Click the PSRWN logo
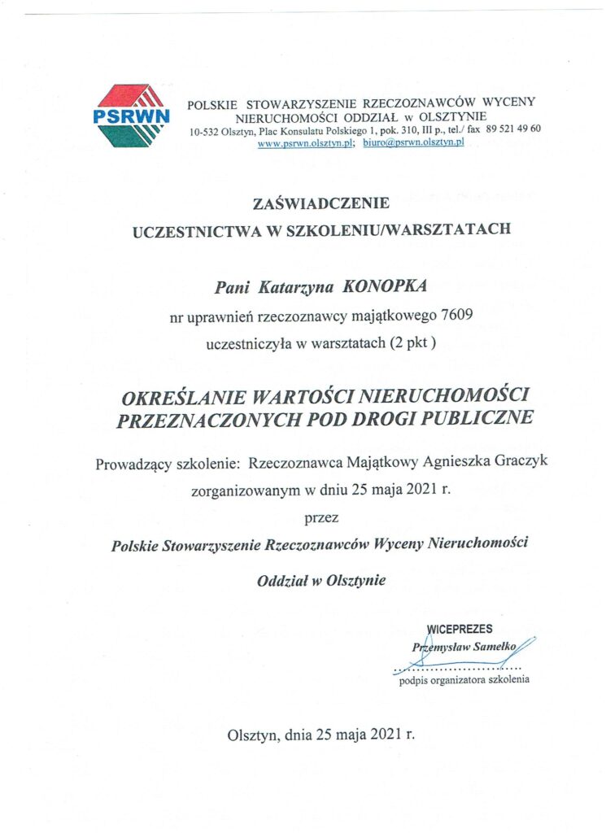point(132,116)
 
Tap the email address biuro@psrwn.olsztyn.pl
point(413,143)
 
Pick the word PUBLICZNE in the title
point(486,420)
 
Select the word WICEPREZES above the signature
point(459,629)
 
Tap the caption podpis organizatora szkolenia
point(464,679)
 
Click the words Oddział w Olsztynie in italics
point(321,581)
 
